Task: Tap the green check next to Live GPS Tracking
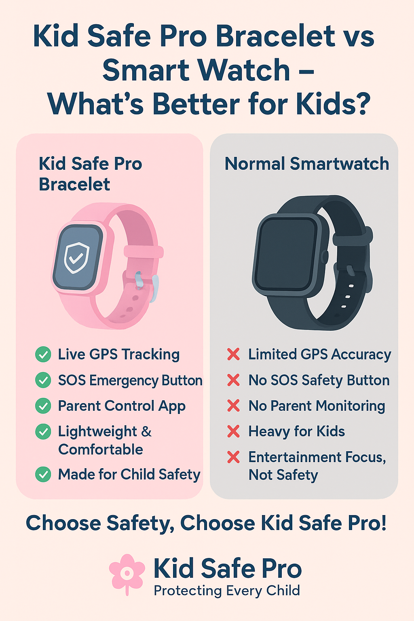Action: (x=43, y=354)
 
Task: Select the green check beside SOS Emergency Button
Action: (x=43, y=380)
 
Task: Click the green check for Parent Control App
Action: (x=43, y=406)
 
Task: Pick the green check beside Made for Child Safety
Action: (x=43, y=474)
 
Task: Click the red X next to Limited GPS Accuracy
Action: (x=234, y=354)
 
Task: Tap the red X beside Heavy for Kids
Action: (x=234, y=431)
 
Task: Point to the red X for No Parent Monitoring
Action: (x=234, y=406)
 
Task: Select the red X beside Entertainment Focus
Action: (x=234, y=457)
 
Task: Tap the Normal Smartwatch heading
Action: (x=307, y=164)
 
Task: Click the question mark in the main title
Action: (x=363, y=103)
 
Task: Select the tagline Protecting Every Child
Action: (x=227, y=591)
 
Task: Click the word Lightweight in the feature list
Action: (x=97, y=432)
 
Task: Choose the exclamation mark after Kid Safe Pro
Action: (x=384, y=522)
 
